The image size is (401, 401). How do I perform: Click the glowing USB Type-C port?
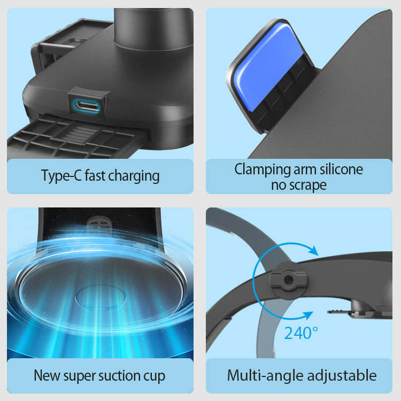[86, 106]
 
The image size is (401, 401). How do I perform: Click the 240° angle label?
[301, 333]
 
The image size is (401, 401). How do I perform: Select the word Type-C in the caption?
[61, 176]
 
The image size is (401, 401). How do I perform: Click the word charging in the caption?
[134, 176]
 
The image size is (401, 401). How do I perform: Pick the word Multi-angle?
[265, 376]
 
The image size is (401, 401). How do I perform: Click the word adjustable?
[342, 376]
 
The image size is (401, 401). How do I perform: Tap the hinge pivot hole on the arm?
[289, 280]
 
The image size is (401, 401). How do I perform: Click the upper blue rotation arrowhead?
[313, 250]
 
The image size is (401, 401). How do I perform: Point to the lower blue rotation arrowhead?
[308, 315]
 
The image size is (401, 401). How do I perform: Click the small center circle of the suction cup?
[101, 297]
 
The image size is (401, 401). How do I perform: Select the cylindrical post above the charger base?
[153, 28]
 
